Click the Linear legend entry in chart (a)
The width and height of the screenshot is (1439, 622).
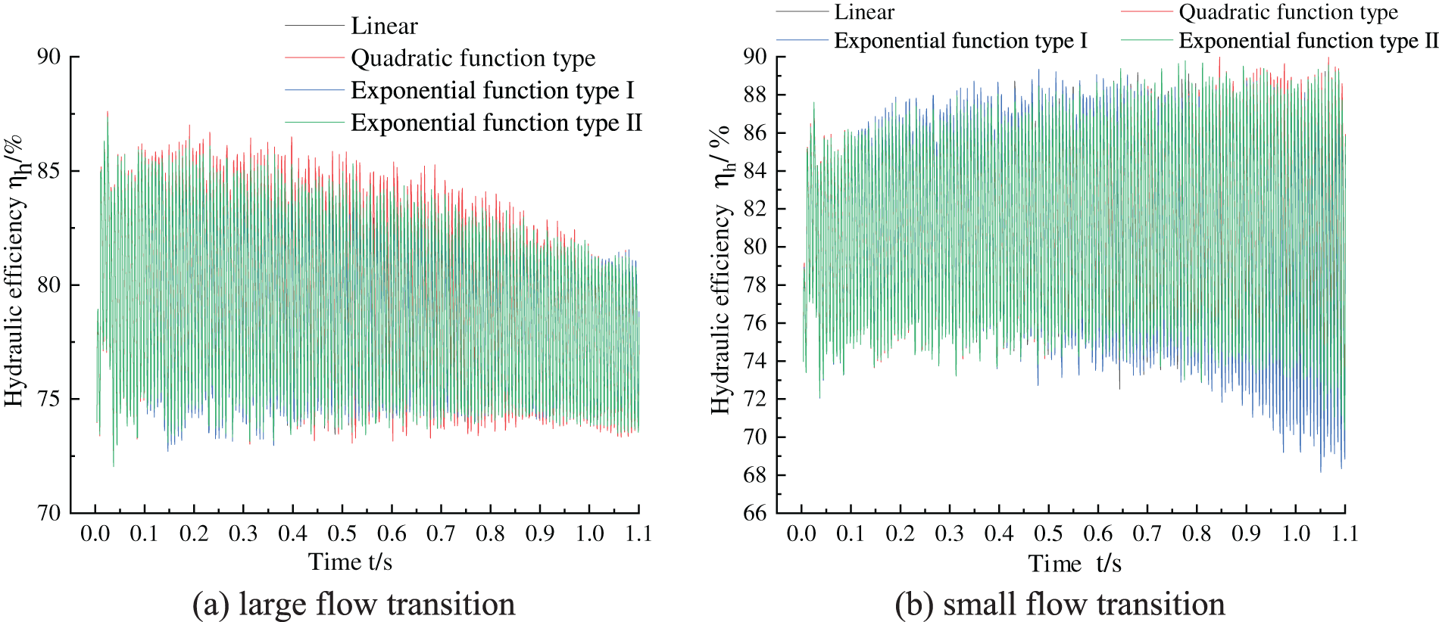[x=384, y=26]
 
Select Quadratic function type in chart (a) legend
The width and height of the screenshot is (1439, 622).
[x=473, y=58]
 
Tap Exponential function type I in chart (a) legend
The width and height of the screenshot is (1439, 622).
[x=492, y=91]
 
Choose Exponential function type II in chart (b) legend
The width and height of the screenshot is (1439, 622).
[x=1308, y=41]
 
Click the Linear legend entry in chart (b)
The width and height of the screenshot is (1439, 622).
[x=864, y=12]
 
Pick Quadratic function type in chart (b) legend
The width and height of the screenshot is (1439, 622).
[x=1288, y=12]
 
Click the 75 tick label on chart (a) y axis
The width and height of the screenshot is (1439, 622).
[x=48, y=400]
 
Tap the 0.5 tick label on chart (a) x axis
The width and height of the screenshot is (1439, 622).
[x=342, y=533]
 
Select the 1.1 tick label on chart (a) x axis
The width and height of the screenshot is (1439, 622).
[x=638, y=533]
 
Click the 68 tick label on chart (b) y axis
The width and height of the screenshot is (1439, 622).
[x=754, y=475]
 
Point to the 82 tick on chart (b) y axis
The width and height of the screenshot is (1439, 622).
[x=754, y=209]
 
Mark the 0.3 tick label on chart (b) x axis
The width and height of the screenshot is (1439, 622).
[x=950, y=533]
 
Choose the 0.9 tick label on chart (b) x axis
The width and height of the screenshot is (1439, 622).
[x=1246, y=533]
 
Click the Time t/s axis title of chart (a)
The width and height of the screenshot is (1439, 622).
[x=350, y=562]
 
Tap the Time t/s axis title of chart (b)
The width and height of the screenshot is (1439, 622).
[x=1074, y=564]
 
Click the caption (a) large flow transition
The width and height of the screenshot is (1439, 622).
[x=354, y=604]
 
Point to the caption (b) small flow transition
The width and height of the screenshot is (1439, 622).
[x=1060, y=604]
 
